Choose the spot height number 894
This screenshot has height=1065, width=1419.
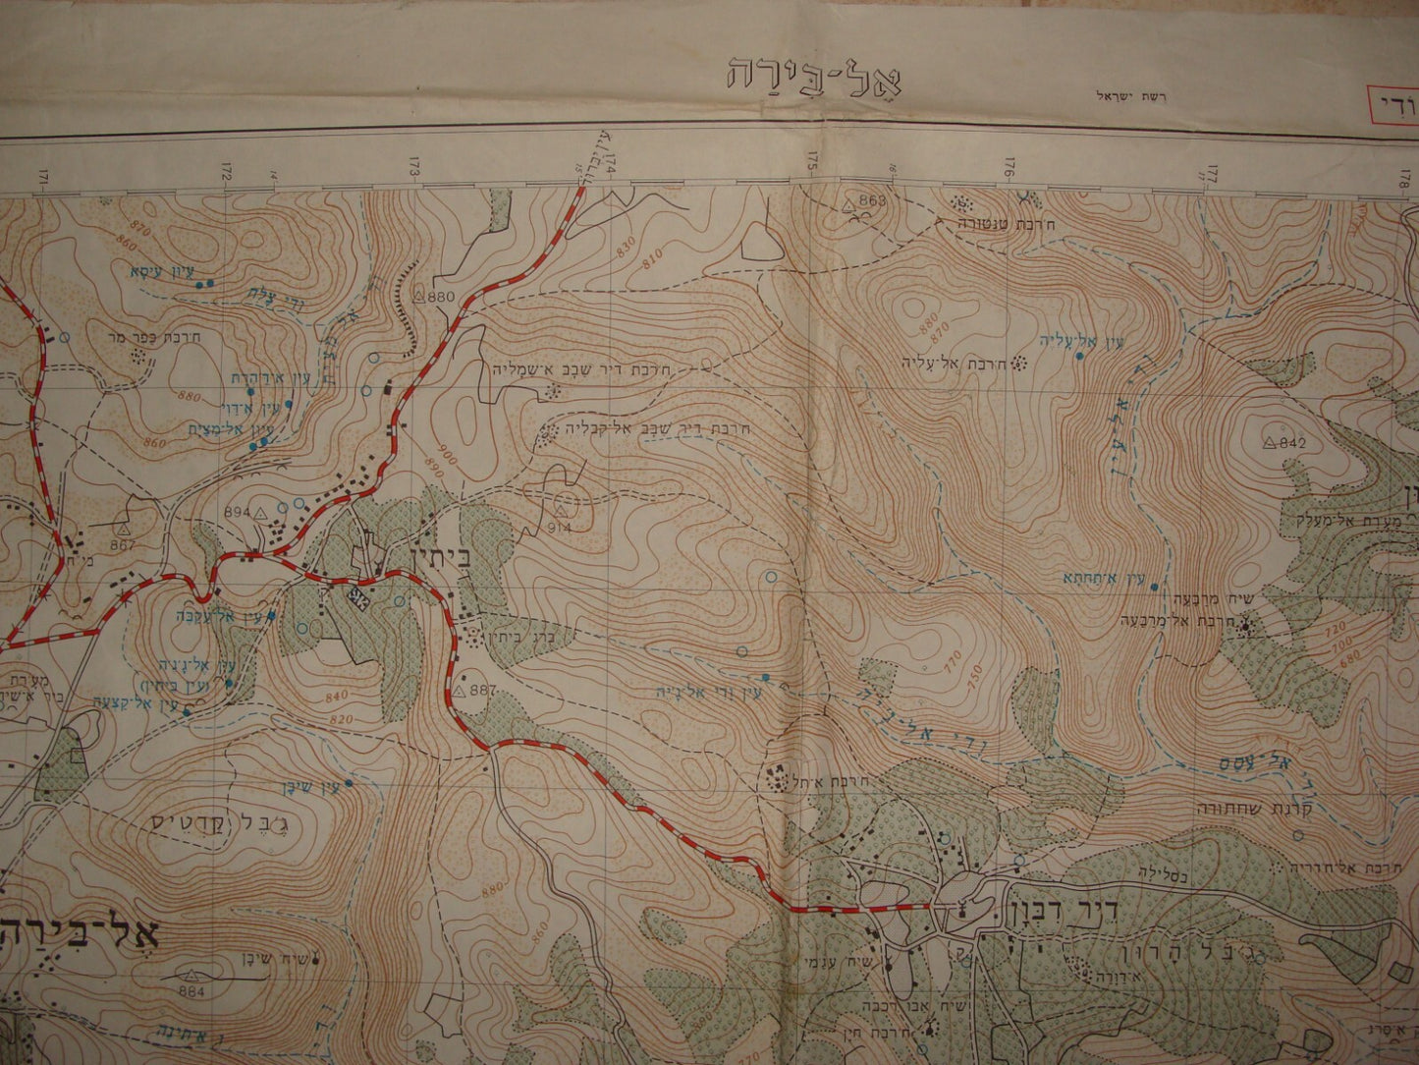pos(238,512)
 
